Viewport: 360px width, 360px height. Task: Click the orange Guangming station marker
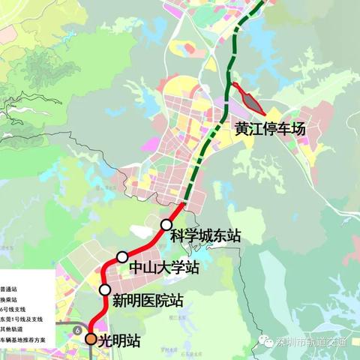pos(90,339)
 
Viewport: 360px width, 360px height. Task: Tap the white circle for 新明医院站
pos(105,289)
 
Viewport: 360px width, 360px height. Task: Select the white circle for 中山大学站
pos(121,256)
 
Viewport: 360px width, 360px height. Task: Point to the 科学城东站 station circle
pos(166,223)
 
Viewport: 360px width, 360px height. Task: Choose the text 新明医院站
pos(148,301)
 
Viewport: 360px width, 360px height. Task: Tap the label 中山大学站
pos(164,267)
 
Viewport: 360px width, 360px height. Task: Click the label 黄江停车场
pos(270,129)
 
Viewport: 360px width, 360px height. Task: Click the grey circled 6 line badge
pos(77,328)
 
